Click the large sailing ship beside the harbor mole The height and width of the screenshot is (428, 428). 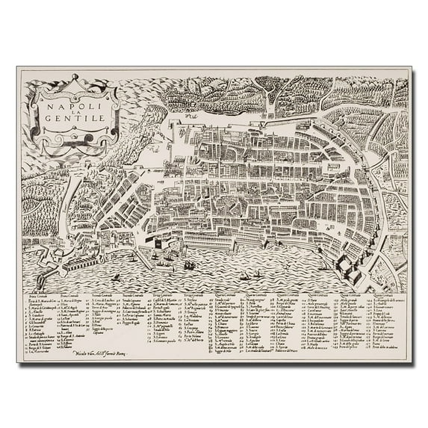pyautogui.click(x=190, y=264)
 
